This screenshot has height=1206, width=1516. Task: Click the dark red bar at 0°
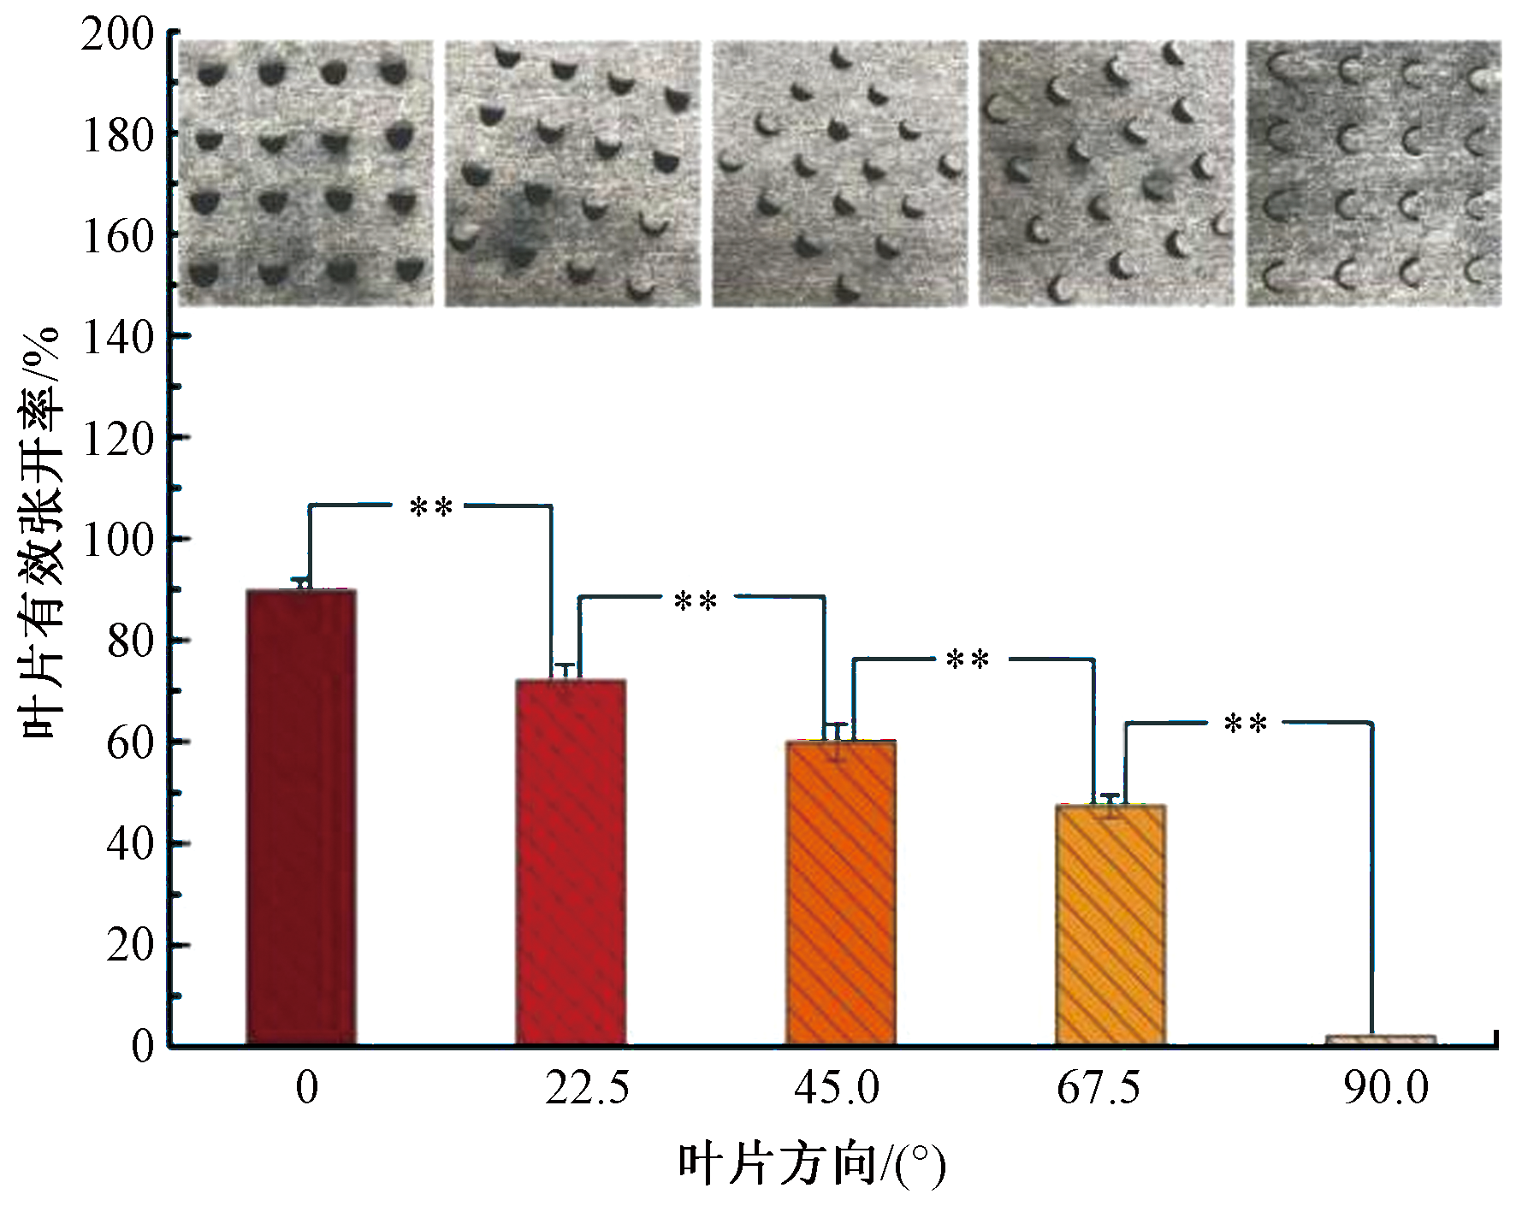coord(301,817)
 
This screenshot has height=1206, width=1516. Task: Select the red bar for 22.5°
coord(571,862)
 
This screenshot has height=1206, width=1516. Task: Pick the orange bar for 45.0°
coord(841,893)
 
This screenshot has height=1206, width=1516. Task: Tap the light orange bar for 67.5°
coord(1110,925)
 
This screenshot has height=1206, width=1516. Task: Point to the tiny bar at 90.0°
coord(1381,1039)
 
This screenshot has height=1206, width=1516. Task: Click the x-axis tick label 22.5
coord(587,1090)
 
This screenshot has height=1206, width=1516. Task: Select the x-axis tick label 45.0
coord(837,1090)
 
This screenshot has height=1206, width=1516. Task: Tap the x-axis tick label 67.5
coord(1099,1090)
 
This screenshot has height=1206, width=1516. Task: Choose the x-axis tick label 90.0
coord(1386,1090)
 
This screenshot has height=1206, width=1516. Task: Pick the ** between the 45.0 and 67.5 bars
coord(968,660)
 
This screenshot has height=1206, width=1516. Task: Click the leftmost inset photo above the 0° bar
coord(305,173)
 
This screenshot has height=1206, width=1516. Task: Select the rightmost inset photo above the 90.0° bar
coord(1373,173)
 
